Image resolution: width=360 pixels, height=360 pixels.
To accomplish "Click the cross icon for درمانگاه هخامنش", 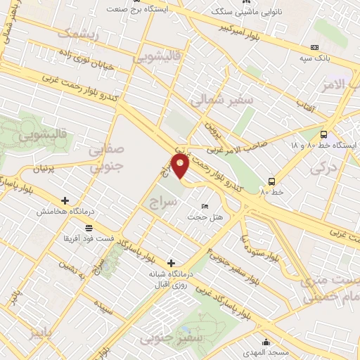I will [x=65, y=200].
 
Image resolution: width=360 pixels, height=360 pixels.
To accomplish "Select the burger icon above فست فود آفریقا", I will [x=89, y=227].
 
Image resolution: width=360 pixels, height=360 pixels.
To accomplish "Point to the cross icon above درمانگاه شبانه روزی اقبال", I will [x=171, y=263].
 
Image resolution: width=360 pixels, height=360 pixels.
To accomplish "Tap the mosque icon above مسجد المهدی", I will [x=257, y=338].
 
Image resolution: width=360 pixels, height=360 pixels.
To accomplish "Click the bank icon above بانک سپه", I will [x=314, y=48].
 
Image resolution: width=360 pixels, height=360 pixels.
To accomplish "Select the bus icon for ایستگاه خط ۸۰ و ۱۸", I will [x=323, y=135].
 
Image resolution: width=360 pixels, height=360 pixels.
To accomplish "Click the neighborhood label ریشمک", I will [x=77, y=33].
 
